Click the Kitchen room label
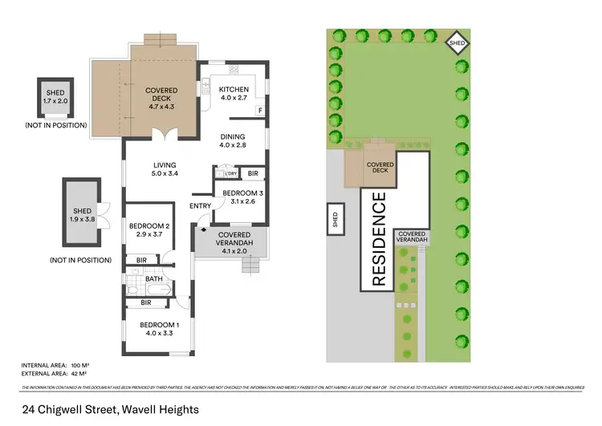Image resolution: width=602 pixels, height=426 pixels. tap(234, 94)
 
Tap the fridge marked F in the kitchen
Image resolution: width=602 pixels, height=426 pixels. tap(258, 110)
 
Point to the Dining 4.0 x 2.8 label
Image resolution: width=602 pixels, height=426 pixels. tap(238, 140)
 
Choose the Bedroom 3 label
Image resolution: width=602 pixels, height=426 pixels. tap(238, 197)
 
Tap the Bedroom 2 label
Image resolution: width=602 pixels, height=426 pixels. tap(148, 230)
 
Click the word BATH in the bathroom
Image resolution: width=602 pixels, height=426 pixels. tap(153, 279)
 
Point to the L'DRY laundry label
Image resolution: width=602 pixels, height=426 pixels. tap(230, 173)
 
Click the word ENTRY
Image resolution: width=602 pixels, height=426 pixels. tap(200, 206)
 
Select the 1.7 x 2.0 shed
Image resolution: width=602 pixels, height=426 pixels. tap(55, 98)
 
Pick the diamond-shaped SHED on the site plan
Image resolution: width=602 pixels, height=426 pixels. tap(458, 44)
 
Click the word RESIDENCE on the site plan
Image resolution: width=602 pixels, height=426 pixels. tap(378, 239)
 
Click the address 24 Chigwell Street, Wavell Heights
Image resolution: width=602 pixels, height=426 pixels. tap(110, 408)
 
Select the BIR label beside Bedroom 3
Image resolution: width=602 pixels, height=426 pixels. tap(252, 173)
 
